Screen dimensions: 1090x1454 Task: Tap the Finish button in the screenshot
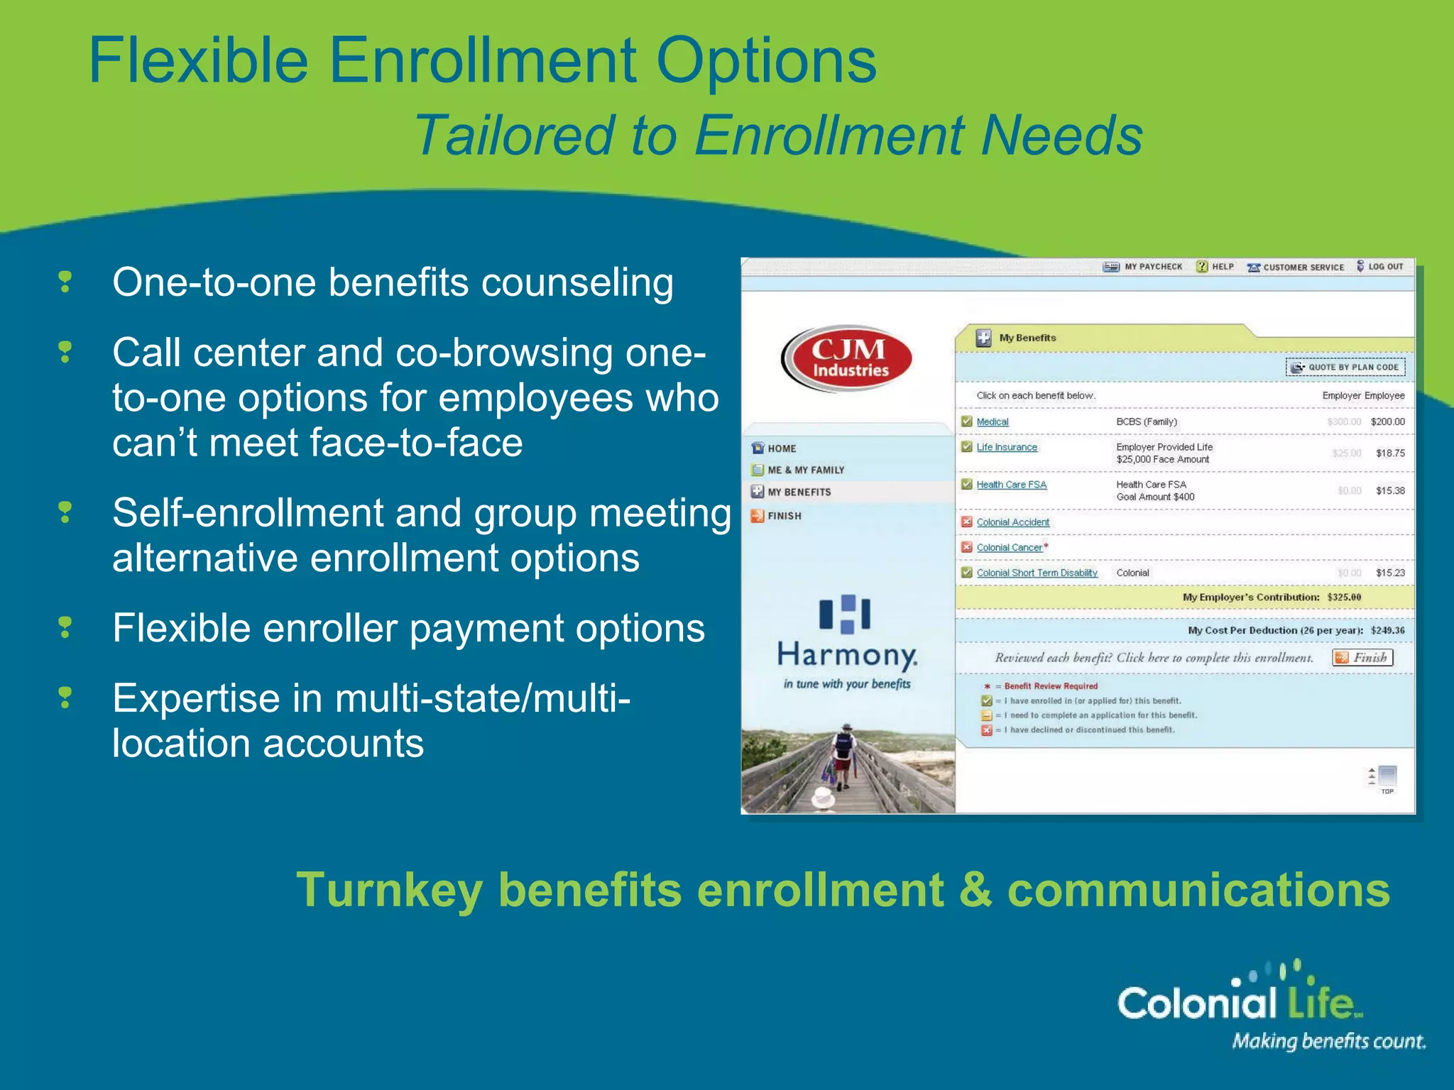tap(1362, 658)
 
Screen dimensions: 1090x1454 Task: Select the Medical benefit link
tap(992, 422)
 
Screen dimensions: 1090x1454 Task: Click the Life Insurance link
tap(1006, 447)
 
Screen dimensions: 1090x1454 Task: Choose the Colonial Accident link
tap(1012, 522)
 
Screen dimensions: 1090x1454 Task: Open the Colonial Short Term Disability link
tap(1037, 573)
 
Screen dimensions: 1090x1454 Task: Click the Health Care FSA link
tap(1011, 485)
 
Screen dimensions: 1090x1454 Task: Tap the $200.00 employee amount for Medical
tap(1387, 422)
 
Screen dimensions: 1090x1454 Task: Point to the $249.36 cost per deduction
tap(1387, 630)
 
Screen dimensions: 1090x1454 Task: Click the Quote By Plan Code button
tap(1345, 367)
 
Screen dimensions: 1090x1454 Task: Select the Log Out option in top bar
tap(1381, 267)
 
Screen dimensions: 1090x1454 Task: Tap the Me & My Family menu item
tap(805, 470)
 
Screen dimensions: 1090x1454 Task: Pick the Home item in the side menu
tap(781, 448)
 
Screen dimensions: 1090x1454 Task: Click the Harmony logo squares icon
tap(845, 614)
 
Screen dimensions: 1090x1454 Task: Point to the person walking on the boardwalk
tap(843, 756)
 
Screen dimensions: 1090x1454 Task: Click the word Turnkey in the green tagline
tap(388, 890)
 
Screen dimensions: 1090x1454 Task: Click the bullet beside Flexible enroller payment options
tap(65, 628)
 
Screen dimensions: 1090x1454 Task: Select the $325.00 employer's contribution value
tap(1344, 598)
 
